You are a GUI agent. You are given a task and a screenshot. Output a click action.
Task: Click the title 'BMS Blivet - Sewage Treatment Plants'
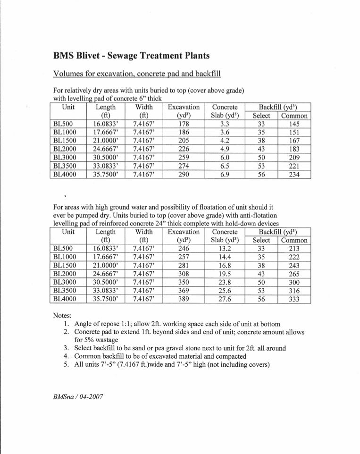pyautogui.click(x=132, y=56)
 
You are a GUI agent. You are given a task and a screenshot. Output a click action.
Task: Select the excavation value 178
pyautogui.click(x=184, y=124)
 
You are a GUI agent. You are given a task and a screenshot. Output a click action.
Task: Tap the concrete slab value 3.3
pyautogui.click(x=225, y=124)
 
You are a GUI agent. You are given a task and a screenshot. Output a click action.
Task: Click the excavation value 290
pyautogui.click(x=184, y=175)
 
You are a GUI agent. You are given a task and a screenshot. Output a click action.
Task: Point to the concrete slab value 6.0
pyautogui.click(x=225, y=158)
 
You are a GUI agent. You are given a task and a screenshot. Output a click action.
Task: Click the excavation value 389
pyautogui.click(x=184, y=299)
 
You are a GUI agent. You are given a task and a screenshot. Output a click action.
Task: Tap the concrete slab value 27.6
pyautogui.click(x=225, y=299)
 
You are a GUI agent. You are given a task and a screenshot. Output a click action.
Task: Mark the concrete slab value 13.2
pyautogui.click(x=225, y=249)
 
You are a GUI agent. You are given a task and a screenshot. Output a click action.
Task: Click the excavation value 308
pyautogui.click(x=184, y=274)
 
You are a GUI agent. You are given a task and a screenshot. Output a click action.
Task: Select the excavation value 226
pyautogui.click(x=184, y=149)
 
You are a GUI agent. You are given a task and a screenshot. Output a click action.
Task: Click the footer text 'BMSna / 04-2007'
pyautogui.click(x=78, y=397)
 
